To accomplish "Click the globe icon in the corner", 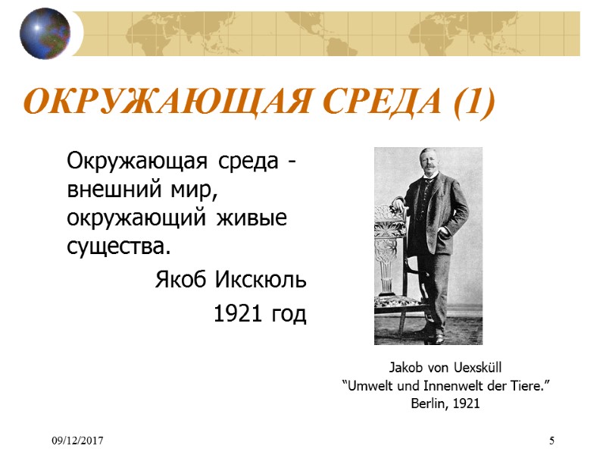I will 45,33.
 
